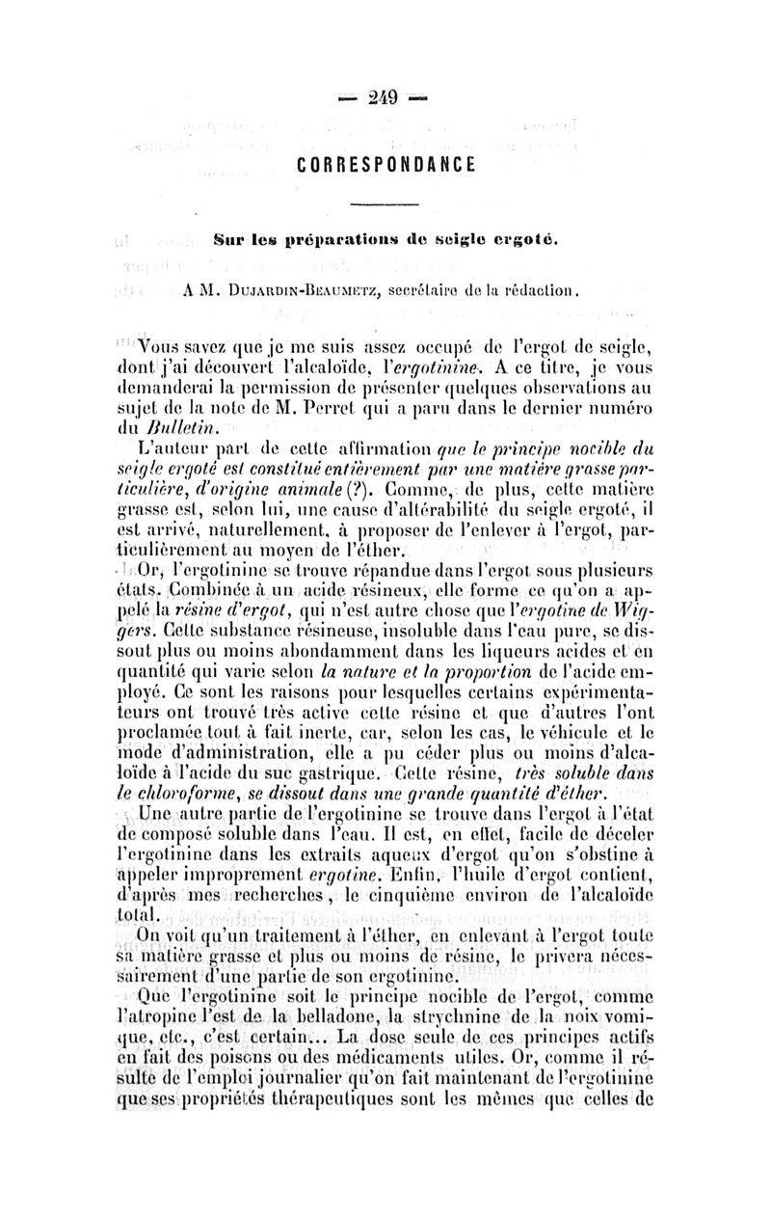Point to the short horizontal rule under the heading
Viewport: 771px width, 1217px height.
[384, 204]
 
